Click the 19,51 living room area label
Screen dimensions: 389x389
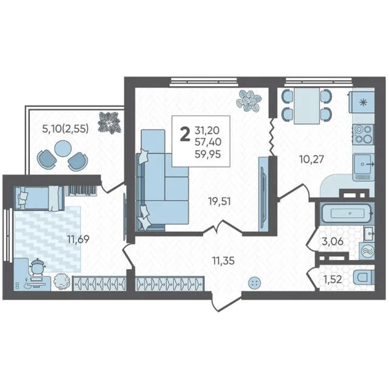click(x=220, y=202)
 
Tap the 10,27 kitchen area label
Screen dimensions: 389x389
click(x=312, y=159)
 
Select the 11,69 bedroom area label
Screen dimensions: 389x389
click(x=78, y=239)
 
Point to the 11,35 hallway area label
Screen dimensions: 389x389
click(x=223, y=261)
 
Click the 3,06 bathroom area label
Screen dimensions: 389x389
click(x=333, y=241)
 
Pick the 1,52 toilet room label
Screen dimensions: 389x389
click(x=333, y=280)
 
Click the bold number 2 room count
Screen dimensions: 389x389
click(x=185, y=134)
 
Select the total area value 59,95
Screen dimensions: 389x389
click(x=208, y=154)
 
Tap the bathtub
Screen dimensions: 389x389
click(x=347, y=213)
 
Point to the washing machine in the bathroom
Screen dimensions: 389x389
click(x=366, y=251)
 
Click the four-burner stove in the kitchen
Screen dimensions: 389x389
click(x=363, y=134)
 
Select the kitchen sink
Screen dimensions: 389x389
click(x=364, y=164)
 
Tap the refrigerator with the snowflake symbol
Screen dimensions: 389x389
click(x=362, y=102)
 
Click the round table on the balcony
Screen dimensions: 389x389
click(x=62, y=148)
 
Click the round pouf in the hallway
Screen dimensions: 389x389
click(x=253, y=283)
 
